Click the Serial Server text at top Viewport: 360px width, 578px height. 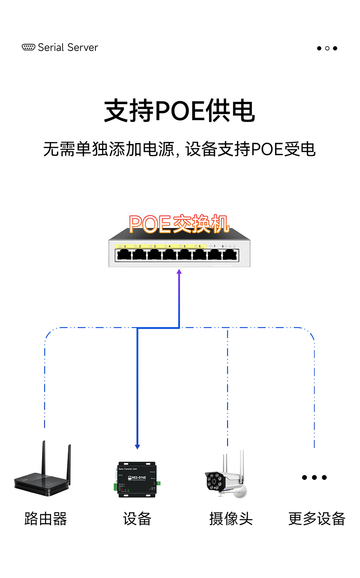pyautogui.click(x=68, y=48)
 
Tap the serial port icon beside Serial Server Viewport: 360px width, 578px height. pyautogui.click(x=28, y=47)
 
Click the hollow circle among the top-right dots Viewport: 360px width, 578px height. pyautogui.click(x=327, y=48)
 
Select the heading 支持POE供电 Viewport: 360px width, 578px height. pyautogui.click(x=180, y=111)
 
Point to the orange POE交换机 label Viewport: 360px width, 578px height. pyautogui.click(x=179, y=224)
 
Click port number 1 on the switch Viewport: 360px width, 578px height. pyautogui.click(x=125, y=246)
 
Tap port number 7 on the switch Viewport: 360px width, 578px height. pyautogui.click(x=215, y=246)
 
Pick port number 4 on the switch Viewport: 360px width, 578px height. pyautogui.click(x=170, y=246)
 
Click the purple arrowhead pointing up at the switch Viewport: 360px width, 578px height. pyautogui.click(x=179, y=272)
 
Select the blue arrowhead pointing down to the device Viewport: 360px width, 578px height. pyautogui.click(x=137, y=447)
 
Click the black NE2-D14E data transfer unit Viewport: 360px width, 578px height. pyautogui.click(x=137, y=479)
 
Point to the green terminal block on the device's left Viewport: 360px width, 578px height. pyautogui.click(x=116, y=487)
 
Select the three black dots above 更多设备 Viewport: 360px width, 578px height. pyautogui.click(x=314, y=478)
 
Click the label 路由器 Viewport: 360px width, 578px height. pyautogui.click(x=46, y=519)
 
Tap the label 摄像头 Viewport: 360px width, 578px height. pyautogui.click(x=231, y=519)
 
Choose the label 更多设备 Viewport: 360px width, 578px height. pyautogui.click(x=317, y=519)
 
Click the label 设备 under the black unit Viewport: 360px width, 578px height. pyautogui.click(x=137, y=519)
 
